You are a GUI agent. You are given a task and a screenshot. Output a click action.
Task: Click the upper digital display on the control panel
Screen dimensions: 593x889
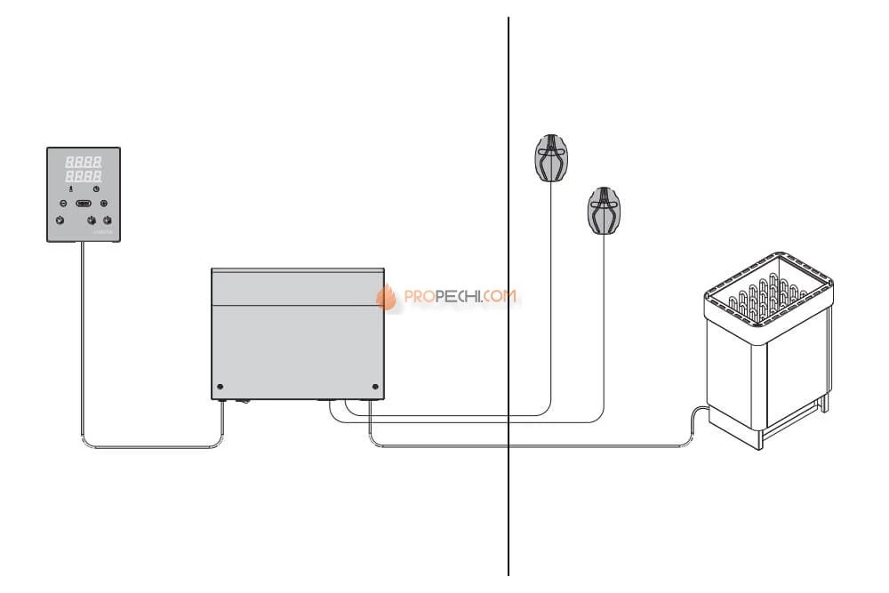(x=84, y=162)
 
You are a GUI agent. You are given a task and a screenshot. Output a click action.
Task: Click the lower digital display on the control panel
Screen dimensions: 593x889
(x=84, y=176)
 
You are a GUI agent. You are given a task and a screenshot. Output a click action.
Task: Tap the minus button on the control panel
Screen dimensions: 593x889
(x=61, y=204)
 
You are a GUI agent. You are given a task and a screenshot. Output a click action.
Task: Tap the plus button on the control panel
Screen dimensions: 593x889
(x=104, y=204)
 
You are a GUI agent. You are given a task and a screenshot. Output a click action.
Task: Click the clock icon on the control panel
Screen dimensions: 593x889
(x=95, y=188)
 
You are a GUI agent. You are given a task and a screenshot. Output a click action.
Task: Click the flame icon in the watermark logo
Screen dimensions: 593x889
(x=387, y=298)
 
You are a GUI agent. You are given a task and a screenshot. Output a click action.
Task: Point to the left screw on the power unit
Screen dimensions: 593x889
(x=220, y=387)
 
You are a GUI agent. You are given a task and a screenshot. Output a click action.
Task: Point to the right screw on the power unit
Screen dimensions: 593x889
(x=374, y=387)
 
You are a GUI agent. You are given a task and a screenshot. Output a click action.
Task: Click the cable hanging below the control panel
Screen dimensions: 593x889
(x=81, y=338)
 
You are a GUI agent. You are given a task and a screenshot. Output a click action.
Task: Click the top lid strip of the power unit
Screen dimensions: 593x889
(x=297, y=286)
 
